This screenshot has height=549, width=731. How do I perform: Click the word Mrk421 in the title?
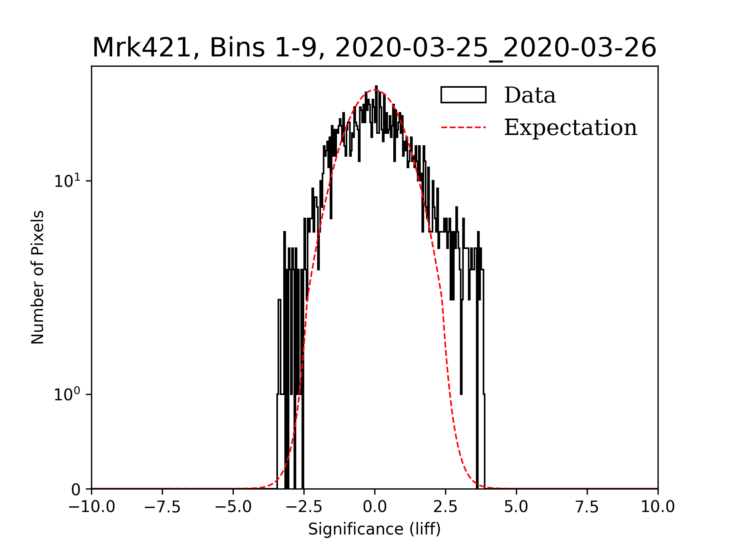coord(141,48)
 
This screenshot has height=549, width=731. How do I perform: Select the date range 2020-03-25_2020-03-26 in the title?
coord(496,48)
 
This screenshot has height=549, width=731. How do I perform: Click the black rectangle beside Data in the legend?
coord(463,95)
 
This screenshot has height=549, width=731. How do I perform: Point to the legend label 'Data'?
coord(530,95)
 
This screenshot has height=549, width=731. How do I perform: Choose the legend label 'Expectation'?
coord(570,127)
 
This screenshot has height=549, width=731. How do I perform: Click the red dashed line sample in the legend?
coord(463,127)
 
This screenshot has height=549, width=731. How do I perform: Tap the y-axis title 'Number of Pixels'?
coord(38,277)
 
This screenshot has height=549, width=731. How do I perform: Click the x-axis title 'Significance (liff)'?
coord(374,529)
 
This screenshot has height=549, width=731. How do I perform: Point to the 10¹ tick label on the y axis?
coord(67,181)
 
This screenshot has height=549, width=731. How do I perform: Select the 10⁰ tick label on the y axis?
coord(67,394)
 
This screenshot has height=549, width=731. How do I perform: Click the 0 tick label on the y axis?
coord(76,490)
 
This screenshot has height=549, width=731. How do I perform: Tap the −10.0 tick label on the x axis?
coord(91,507)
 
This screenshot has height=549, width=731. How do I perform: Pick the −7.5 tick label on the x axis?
coord(162,507)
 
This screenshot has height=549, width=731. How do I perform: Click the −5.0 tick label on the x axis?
coord(233,507)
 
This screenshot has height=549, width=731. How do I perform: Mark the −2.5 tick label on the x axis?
coord(304,507)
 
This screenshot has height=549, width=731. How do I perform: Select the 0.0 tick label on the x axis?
coord(375,507)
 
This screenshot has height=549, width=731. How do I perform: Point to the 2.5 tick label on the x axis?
coord(445,507)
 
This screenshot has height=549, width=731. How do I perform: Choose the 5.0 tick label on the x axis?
coord(516,507)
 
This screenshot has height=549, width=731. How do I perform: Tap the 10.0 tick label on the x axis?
coord(658,507)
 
